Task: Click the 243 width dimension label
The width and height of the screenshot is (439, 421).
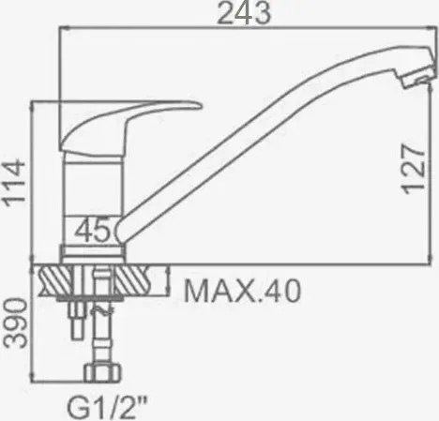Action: tap(244, 12)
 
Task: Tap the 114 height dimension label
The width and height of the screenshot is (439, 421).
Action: tap(14, 183)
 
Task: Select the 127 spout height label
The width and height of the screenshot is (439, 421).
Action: tap(414, 169)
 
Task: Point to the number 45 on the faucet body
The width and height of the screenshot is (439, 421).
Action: tap(93, 231)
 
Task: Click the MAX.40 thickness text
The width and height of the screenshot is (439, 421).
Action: tap(242, 291)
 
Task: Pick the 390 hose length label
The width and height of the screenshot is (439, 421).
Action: tap(14, 323)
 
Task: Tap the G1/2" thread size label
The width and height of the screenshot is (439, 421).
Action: tap(107, 407)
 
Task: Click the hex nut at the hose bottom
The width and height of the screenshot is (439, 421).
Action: tap(102, 372)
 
